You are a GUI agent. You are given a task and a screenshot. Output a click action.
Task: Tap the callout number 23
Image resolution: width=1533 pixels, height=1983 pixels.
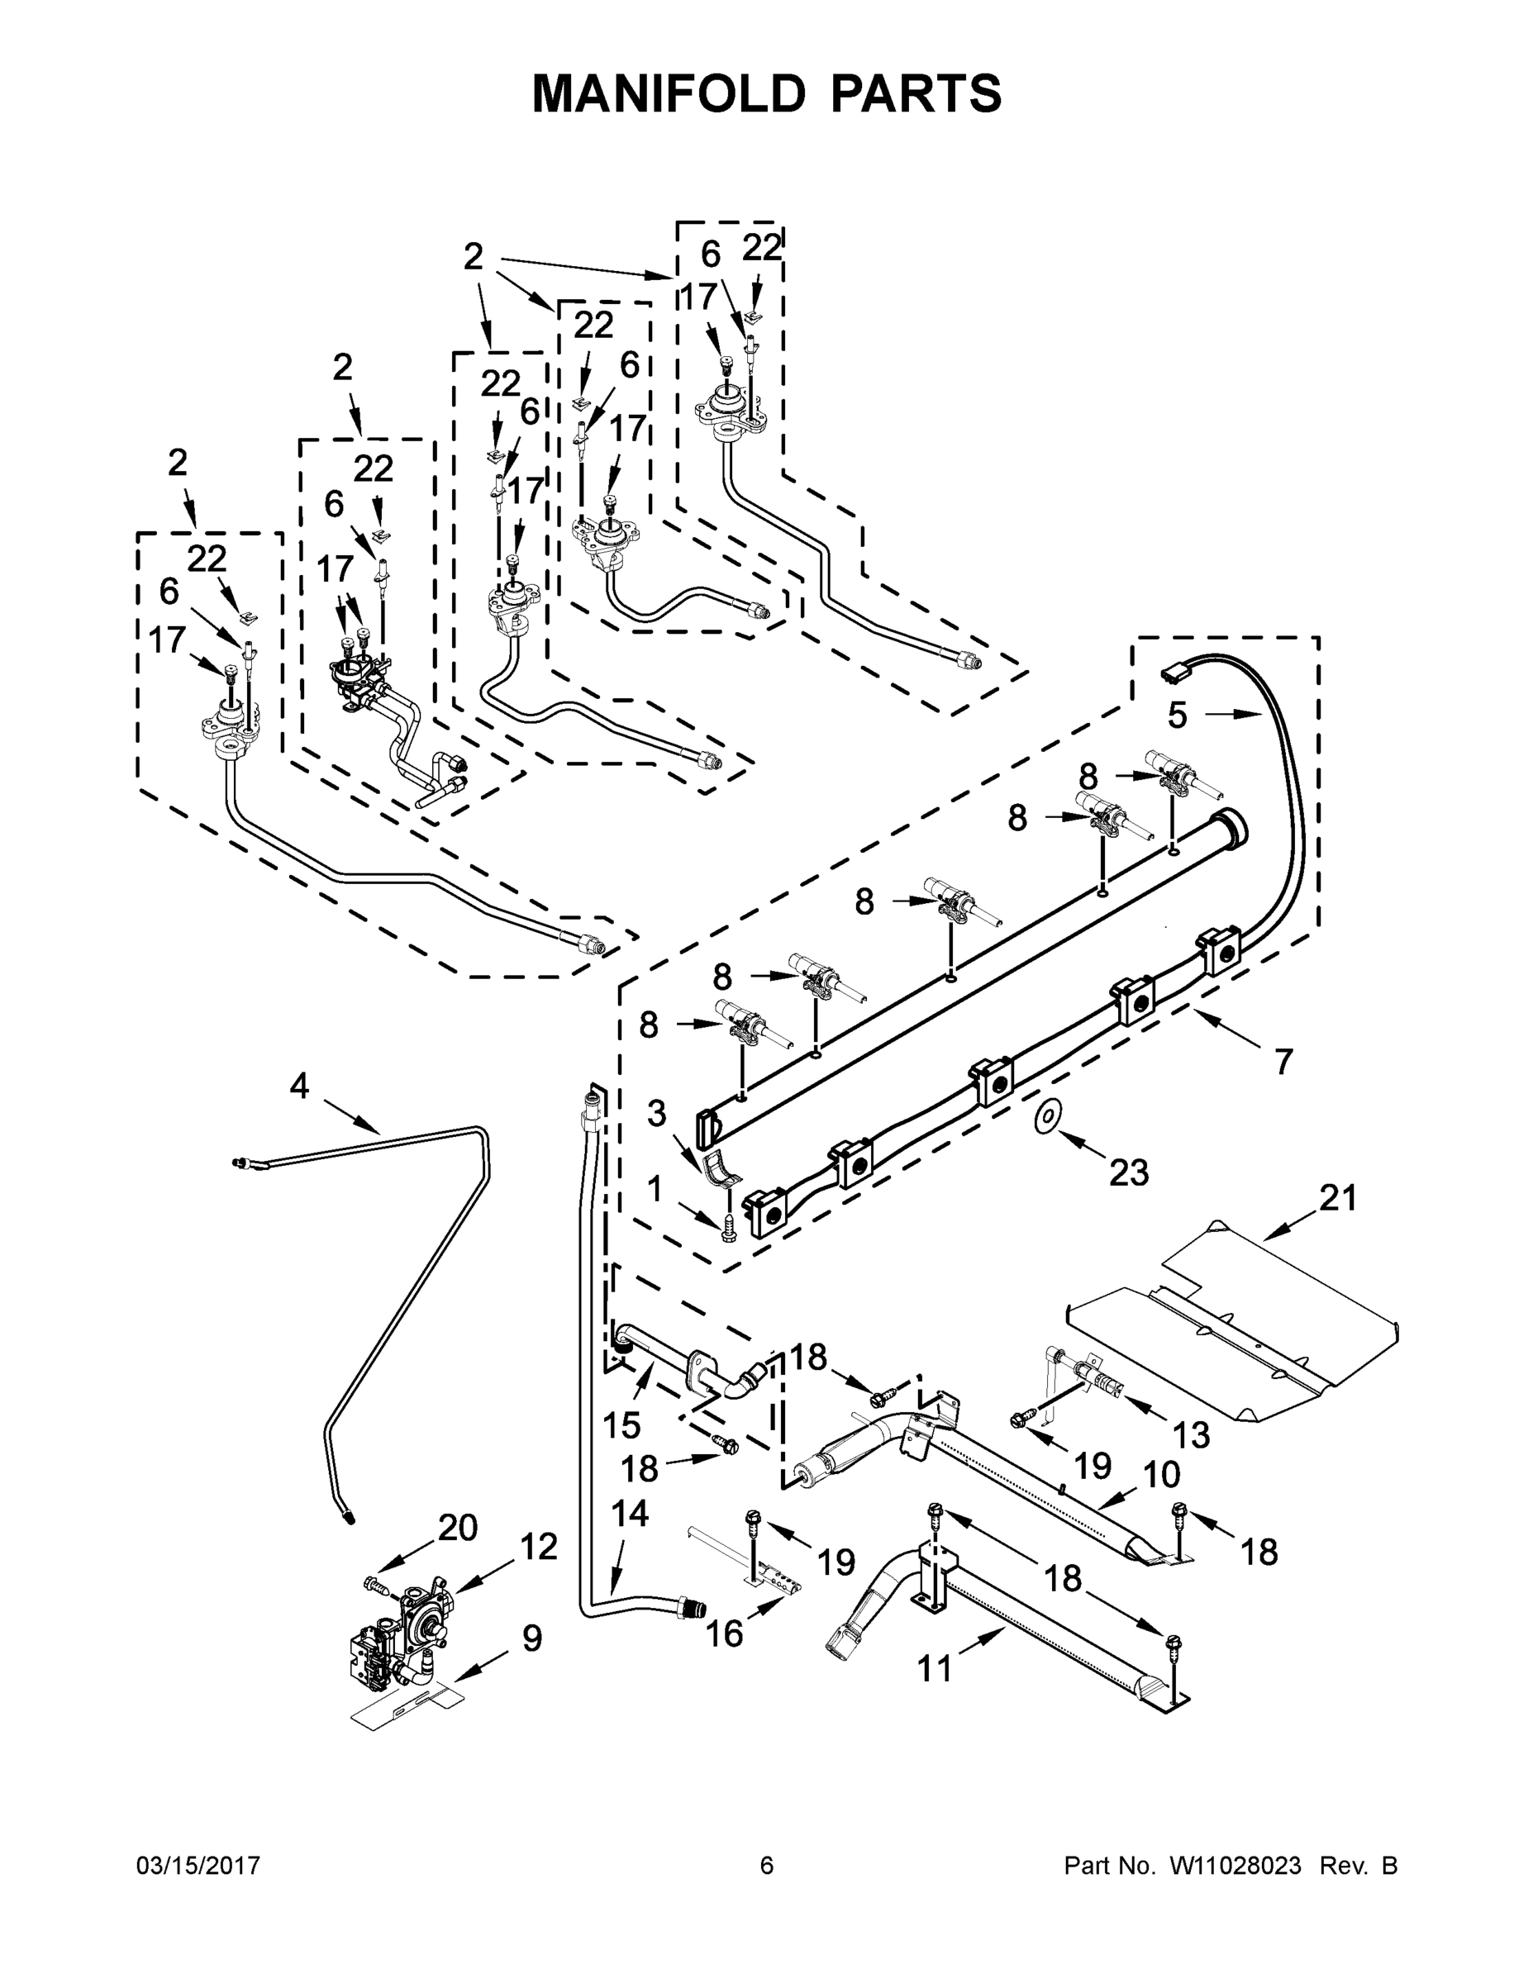click(x=1129, y=1172)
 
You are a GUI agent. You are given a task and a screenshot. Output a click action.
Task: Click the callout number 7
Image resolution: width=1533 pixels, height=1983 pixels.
click(x=1283, y=1061)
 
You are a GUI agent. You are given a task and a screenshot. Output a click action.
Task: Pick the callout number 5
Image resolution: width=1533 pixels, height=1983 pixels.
click(x=1177, y=716)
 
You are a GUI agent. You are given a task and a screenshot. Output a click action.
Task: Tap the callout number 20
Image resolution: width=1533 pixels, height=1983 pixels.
click(x=458, y=1528)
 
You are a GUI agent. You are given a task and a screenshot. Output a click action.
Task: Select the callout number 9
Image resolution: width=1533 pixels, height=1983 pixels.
click(x=532, y=1639)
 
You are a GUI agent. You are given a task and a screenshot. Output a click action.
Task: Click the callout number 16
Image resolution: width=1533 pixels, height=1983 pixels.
click(x=724, y=1633)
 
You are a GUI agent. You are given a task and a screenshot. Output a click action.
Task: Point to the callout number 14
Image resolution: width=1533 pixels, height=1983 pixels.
click(x=631, y=1514)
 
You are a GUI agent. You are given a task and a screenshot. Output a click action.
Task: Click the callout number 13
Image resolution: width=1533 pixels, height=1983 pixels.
click(x=1191, y=1434)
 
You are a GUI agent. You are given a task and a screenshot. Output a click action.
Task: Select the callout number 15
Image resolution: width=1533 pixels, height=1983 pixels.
click(x=622, y=1425)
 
